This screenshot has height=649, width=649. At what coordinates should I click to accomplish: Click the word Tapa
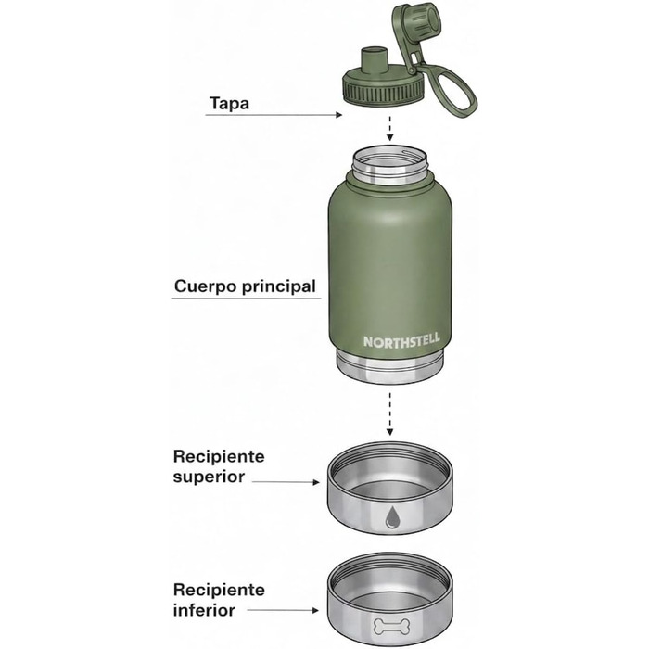click(x=229, y=103)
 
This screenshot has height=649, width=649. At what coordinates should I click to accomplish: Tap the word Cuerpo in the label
click(x=206, y=286)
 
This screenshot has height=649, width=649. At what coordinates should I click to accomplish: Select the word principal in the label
click(x=279, y=286)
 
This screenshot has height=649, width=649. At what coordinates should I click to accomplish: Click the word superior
click(x=209, y=477)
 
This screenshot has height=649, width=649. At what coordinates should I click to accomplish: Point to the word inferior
click(x=204, y=610)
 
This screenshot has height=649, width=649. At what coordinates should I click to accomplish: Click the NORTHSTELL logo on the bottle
click(x=401, y=341)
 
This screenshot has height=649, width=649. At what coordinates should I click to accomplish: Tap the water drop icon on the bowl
click(x=390, y=517)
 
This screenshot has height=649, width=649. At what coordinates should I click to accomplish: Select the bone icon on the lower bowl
click(x=391, y=626)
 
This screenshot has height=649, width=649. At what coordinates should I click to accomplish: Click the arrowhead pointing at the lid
click(x=339, y=115)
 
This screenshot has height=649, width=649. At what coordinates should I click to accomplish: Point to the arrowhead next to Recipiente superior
click(x=316, y=482)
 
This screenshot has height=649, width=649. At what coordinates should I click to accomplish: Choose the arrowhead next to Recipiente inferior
click(x=315, y=610)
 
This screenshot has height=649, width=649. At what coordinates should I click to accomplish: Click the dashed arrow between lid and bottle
click(x=389, y=129)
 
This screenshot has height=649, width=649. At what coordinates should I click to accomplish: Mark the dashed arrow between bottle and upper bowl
click(x=389, y=414)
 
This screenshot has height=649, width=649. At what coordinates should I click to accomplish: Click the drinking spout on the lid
click(x=375, y=60)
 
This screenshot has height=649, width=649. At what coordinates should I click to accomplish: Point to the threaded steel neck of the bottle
click(x=389, y=164)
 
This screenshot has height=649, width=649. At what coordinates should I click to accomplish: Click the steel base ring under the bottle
click(x=389, y=366)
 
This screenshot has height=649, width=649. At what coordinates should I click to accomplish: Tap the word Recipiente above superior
click(x=219, y=456)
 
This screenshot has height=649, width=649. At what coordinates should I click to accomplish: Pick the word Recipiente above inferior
click(x=219, y=590)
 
